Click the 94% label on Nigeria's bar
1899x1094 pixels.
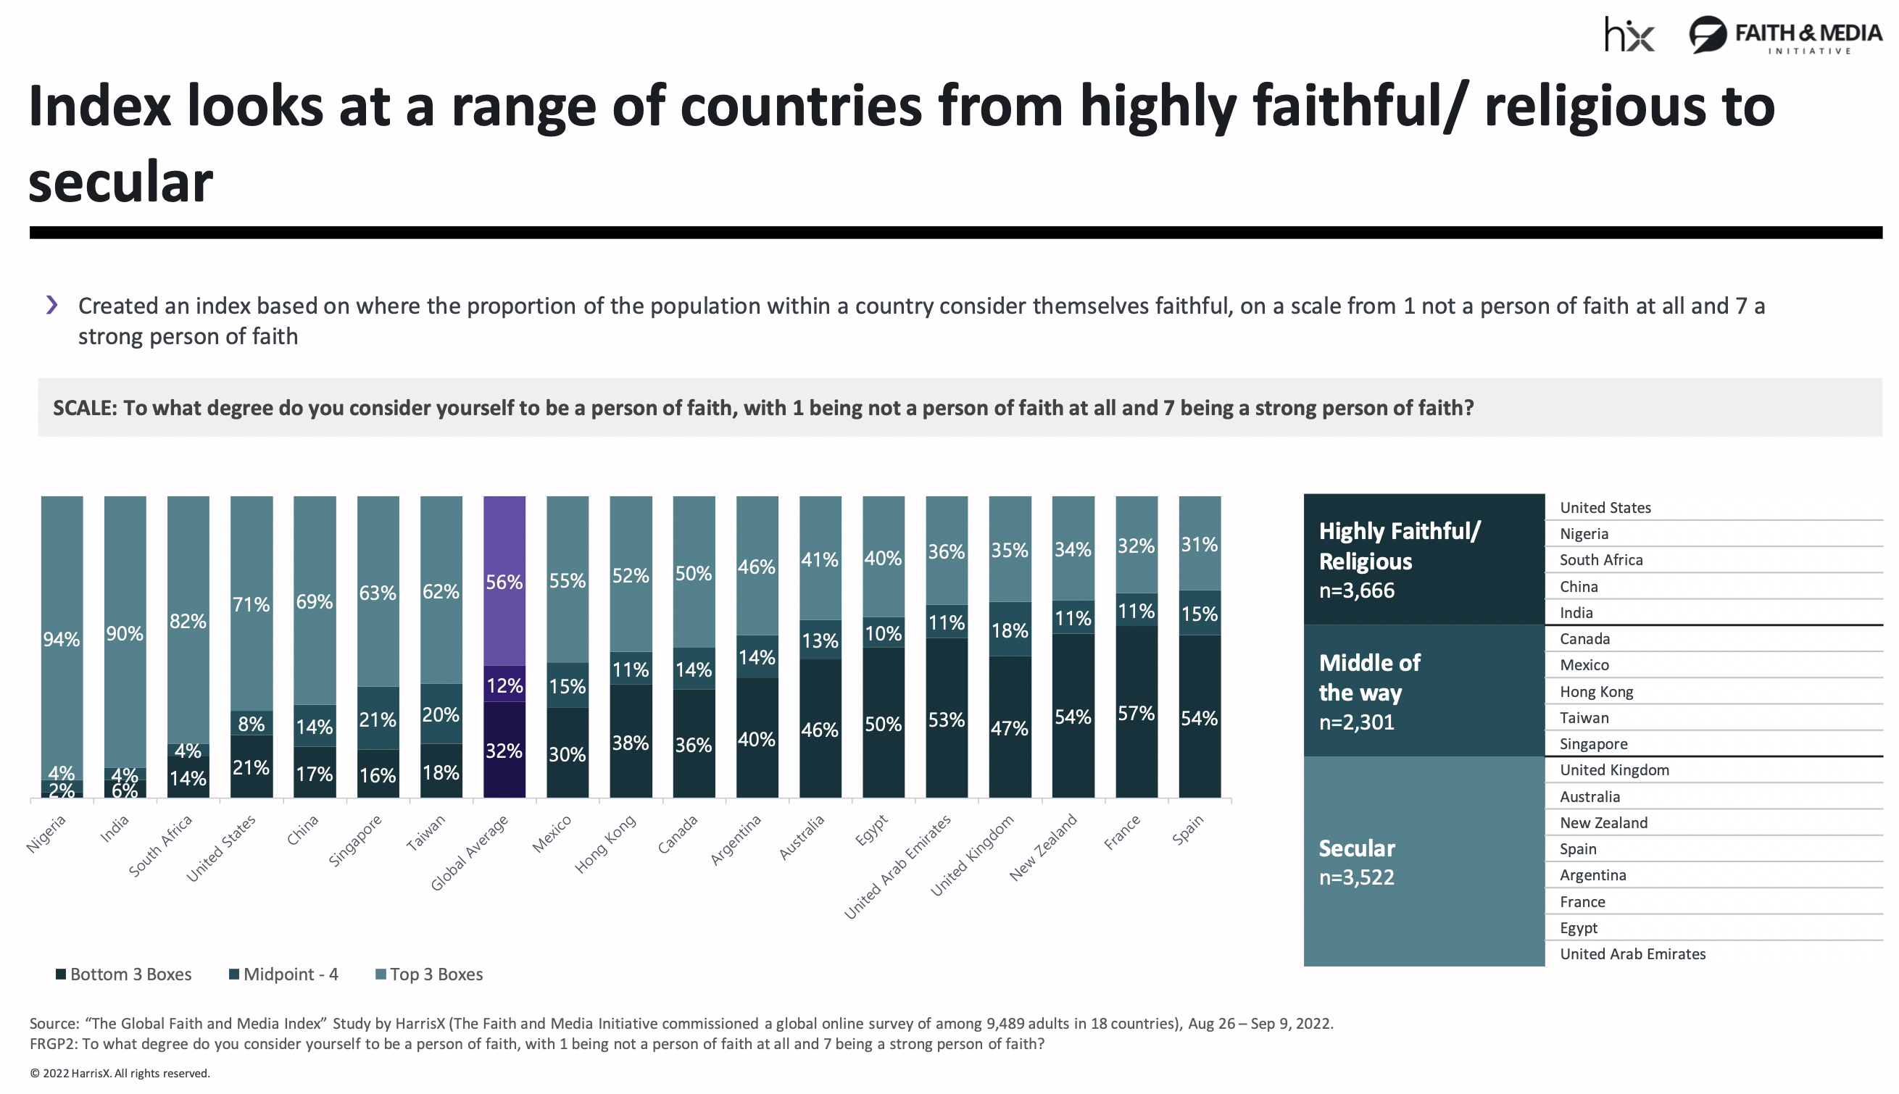62,640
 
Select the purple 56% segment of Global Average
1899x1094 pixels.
504,582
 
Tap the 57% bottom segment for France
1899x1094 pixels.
1137,712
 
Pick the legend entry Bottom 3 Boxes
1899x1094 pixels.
124,974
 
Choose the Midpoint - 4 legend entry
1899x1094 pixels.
284,974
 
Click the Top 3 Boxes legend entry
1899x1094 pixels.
429,974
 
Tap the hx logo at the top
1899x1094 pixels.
1629,36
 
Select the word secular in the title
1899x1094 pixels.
121,183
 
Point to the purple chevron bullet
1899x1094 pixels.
52,305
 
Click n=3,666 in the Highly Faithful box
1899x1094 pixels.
1356,590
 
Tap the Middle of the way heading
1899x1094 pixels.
1369,677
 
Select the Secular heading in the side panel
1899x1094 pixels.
1356,848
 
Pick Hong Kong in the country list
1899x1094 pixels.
1596,692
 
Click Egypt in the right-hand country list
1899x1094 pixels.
1578,928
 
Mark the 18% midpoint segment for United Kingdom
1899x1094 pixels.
1009,630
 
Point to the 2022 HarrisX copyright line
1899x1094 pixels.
120,1074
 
